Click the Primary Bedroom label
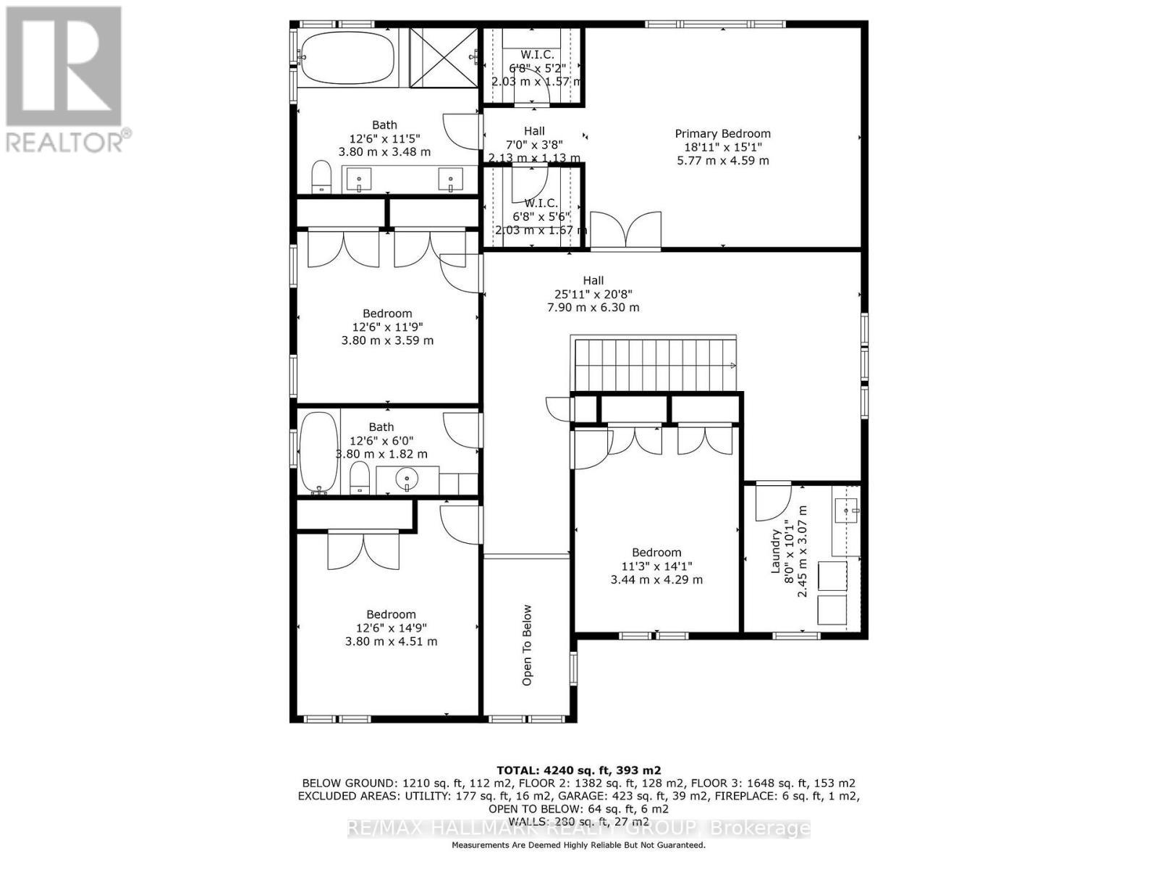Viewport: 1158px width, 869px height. coord(722,133)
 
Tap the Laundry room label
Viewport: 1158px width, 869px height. coord(776,552)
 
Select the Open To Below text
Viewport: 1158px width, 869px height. coord(527,645)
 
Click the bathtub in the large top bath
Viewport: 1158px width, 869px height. coord(347,56)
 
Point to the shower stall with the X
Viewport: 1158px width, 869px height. coord(443,57)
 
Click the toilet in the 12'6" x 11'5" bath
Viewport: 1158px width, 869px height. coord(321,177)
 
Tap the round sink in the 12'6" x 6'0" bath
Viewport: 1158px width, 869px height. coord(407,479)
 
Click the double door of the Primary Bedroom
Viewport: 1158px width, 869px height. coord(625,230)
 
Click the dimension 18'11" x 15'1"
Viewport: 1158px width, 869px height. coord(722,147)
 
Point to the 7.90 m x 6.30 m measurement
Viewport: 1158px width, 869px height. coord(593,307)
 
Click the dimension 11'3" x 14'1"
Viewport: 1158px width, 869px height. coord(656,566)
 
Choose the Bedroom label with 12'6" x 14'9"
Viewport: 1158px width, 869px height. coord(391,615)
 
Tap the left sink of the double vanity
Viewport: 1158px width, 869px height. coord(359,178)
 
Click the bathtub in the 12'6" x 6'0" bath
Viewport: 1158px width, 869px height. coord(319,453)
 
